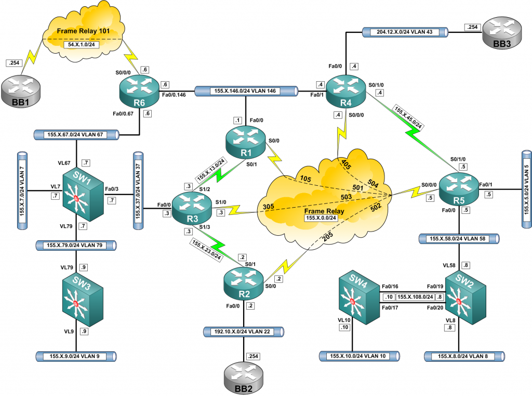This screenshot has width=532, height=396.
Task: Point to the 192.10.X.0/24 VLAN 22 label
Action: pos(244,331)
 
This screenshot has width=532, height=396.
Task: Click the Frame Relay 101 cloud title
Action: pos(87,31)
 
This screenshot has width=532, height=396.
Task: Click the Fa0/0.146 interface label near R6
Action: pos(176,95)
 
